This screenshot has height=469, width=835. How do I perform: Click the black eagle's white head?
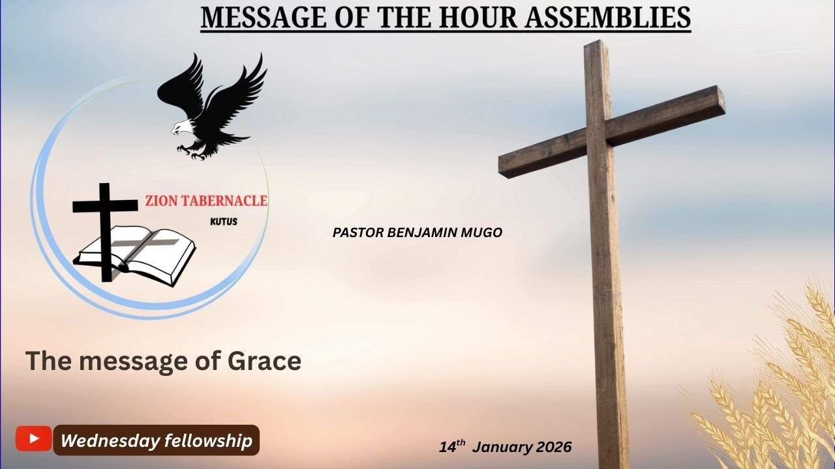pyautogui.click(x=180, y=128)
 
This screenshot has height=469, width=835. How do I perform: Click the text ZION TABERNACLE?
pyautogui.click(x=207, y=201)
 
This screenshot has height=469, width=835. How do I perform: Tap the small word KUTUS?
pyautogui.click(x=224, y=221)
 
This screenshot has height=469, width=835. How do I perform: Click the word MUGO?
pyautogui.click(x=486, y=233)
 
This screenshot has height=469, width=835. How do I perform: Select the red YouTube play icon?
pyautogui.click(x=33, y=439)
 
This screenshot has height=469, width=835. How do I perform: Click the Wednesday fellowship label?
pyautogui.click(x=156, y=441)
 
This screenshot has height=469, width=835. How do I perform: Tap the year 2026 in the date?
pyautogui.click(x=554, y=447)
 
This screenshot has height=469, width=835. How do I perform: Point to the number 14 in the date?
pyautogui.click(x=447, y=448)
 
